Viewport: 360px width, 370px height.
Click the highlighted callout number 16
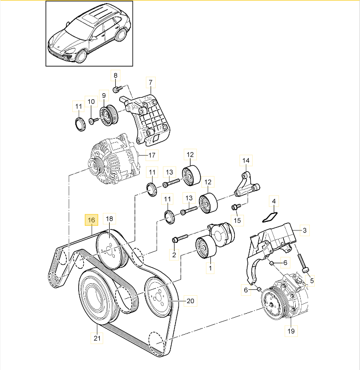tap(91, 219)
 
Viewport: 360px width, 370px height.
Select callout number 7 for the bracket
tap(150, 82)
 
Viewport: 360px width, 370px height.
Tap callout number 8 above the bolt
tap(115, 76)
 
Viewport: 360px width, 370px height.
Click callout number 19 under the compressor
tap(290, 331)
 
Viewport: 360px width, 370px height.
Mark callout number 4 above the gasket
tap(273, 202)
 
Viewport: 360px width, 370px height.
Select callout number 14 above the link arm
tap(245, 161)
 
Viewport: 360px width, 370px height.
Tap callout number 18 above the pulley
tap(110, 219)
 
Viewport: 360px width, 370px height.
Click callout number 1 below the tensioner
tap(210, 269)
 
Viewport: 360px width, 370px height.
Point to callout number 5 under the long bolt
tap(312, 280)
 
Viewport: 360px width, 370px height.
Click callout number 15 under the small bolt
tap(237, 220)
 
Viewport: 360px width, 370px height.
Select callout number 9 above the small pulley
tap(104, 95)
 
